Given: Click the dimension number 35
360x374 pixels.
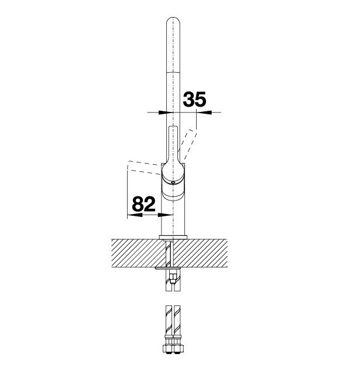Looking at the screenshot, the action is pos(194,99).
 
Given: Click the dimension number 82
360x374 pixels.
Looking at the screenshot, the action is pos(143,204).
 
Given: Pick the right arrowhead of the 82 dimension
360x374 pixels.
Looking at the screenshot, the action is pos(165,215).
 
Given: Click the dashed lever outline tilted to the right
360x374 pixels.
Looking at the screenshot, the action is pos(188,144).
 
